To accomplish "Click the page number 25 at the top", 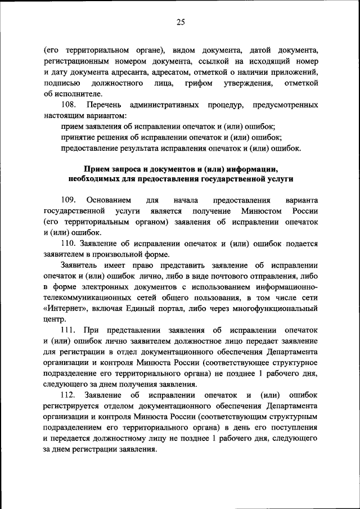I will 180,22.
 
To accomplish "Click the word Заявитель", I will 80,265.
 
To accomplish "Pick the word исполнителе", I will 74,94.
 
